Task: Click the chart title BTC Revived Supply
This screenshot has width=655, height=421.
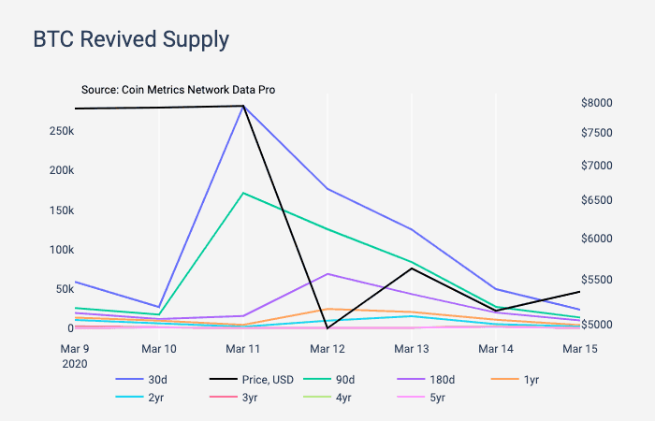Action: (131, 39)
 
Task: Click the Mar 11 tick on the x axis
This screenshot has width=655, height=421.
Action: (243, 348)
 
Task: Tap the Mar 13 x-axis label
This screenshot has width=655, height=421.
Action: (412, 348)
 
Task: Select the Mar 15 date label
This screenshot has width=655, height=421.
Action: (580, 348)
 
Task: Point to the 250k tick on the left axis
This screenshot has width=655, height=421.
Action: (62, 131)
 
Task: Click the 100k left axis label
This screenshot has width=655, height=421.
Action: (62, 250)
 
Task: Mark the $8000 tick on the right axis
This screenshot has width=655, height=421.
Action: (596, 103)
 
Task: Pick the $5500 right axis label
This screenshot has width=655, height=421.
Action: (596, 281)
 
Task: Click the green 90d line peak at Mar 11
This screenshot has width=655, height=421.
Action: (243, 193)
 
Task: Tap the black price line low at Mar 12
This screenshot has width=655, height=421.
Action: (327, 328)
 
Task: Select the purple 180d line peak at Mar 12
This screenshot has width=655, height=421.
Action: (327, 274)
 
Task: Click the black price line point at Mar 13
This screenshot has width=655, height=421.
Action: (412, 269)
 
